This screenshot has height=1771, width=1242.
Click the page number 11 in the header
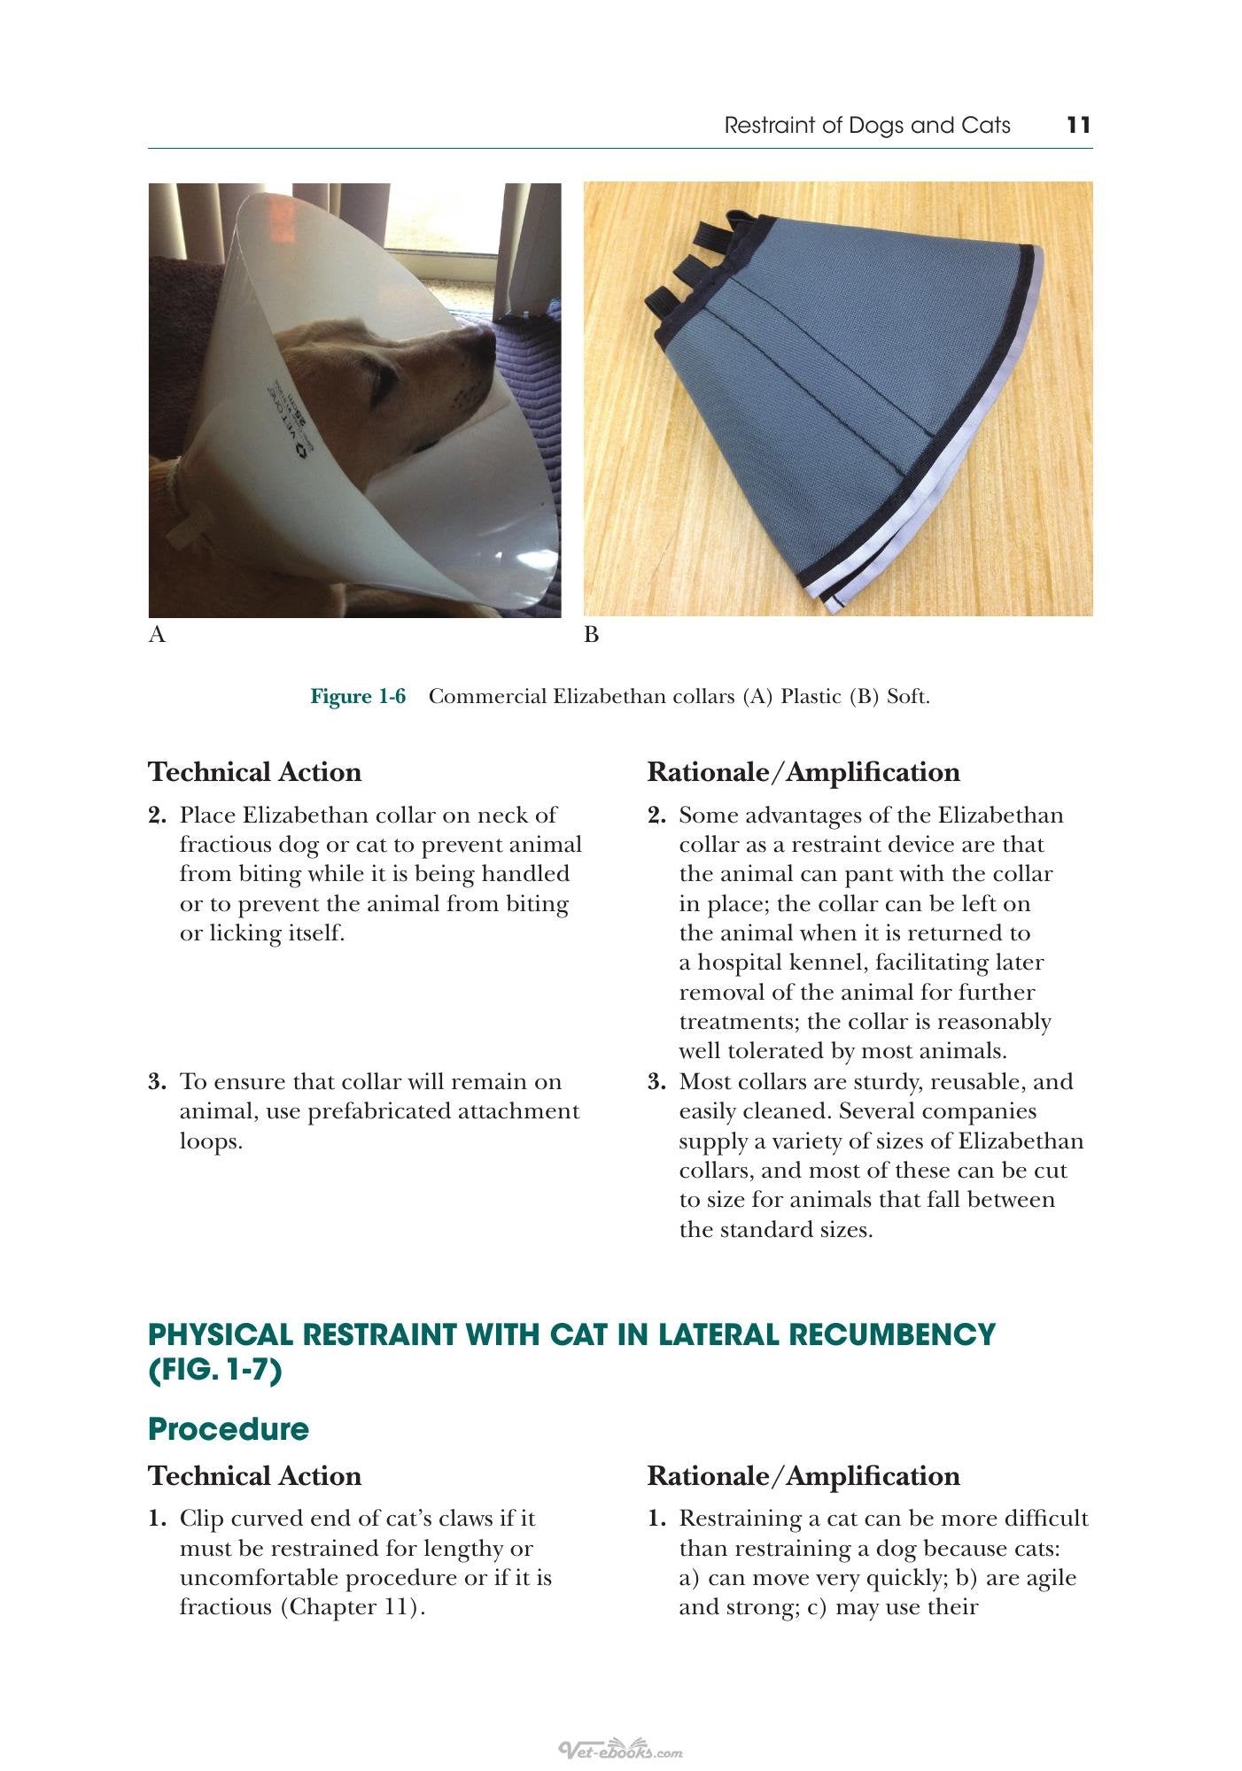(x=1078, y=125)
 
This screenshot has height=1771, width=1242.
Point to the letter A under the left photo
(x=157, y=634)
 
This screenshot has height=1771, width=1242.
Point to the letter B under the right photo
(x=592, y=634)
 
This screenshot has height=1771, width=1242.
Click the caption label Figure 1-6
(x=358, y=696)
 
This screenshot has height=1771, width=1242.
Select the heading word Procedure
(x=229, y=1428)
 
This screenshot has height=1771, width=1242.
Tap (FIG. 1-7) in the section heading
(x=214, y=1371)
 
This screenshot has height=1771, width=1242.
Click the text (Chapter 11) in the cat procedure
(x=353, y=1607)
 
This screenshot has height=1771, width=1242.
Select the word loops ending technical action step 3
(x=211, y=1141)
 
